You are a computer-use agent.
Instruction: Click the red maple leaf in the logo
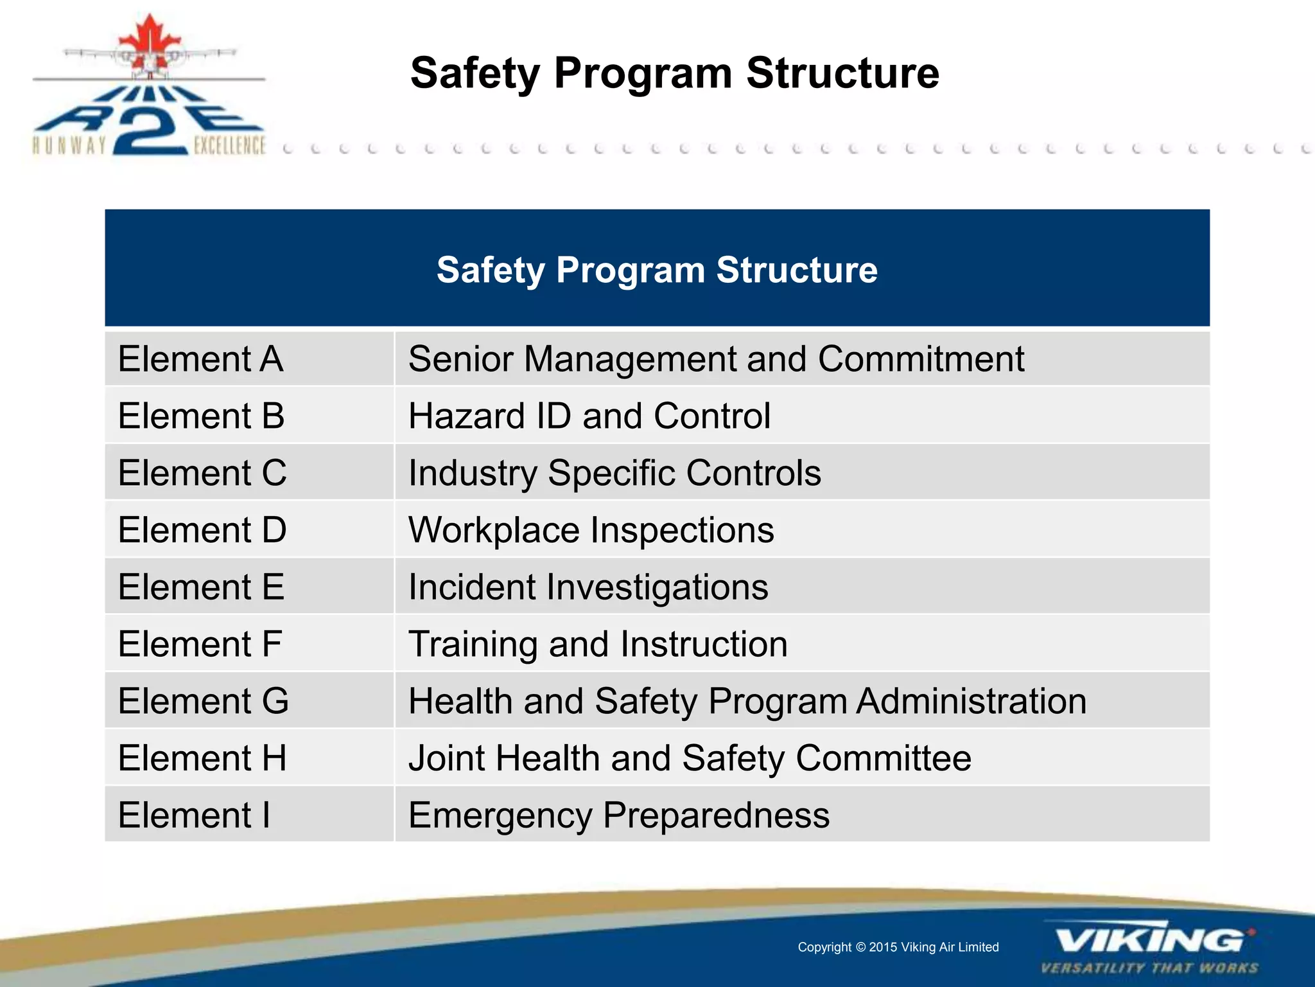click(x=149, y=40)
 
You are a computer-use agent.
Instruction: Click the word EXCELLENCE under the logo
click(x=229, y=146)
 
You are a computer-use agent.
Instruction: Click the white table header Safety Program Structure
click(x=657, y=269)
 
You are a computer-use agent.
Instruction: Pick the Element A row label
click(x=200, y=359)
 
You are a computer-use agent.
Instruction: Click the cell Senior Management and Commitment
click(x=716, y=359)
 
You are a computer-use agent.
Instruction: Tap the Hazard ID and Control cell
click(x=589, y=416)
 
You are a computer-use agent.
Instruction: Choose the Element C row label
click(x=202, y=473)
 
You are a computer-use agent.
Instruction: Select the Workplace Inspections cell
click(x=591, y=530)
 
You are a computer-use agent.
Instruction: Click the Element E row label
click(x=201, y=587)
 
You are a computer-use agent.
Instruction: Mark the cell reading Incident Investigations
click(x=588, y=587)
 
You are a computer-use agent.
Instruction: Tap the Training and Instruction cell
click(x=598, y=644)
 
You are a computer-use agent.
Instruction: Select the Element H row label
click(x=202, y=758)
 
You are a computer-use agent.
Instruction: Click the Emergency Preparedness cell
click(x=619, y=815)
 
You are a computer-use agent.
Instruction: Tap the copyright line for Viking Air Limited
click(x=898, y=947)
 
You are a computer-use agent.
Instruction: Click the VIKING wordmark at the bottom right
click(x=1149, y=941)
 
